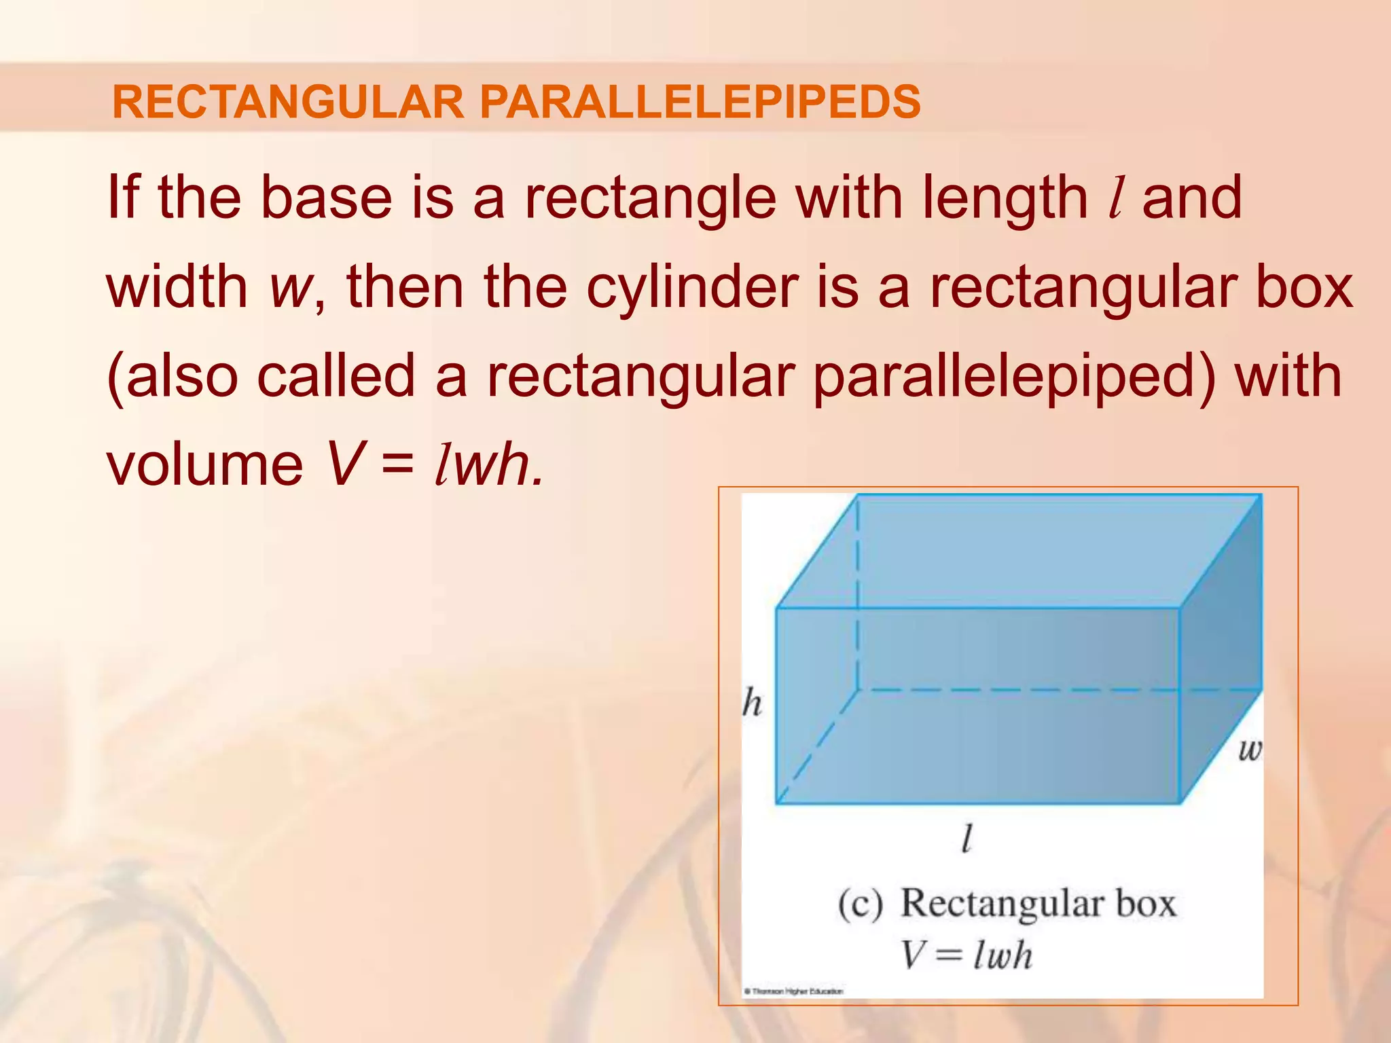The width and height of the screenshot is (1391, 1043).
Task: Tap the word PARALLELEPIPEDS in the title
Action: pos(700,102)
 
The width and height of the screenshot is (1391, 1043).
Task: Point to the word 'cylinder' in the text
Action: pos(692,287)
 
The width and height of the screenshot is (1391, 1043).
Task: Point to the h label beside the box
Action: pos(752,703)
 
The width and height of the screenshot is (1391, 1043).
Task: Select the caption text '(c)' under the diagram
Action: pos(860,904)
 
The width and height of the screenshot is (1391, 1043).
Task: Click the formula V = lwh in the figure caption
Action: pos(966,955)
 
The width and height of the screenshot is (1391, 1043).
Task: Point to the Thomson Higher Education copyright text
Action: pos(794,992)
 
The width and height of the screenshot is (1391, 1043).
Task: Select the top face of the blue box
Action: pos(1019,550)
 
